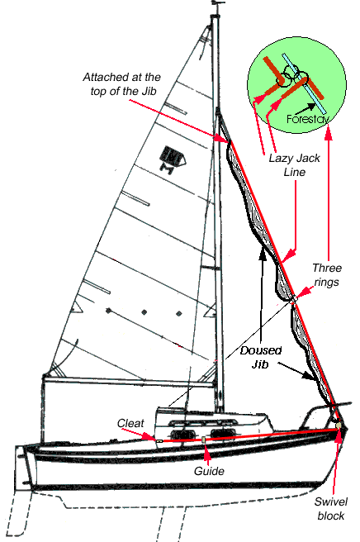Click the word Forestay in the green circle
(x=307, y=119)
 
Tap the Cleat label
(x=130, y=423)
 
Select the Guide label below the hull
(x=209, y=471)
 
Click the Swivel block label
(x=330, y=508)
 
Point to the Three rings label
(x=327, y=275)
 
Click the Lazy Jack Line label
(x=294, y=165)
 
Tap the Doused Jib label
(x=261, y=357)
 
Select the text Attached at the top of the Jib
(x=121, y=84)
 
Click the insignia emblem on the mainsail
(x=173, y=159)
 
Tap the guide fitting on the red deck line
(x=204, y=440)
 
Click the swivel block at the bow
(x=339, y=425)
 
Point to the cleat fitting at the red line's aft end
(x=159, y=441)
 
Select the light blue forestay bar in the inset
(x=303, y=83)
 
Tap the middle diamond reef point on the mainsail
(x=144, y=312)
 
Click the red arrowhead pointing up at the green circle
(x=329, y=133)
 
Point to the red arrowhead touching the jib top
(x=220, y=138)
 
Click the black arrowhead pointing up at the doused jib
(x=263, y=254)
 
